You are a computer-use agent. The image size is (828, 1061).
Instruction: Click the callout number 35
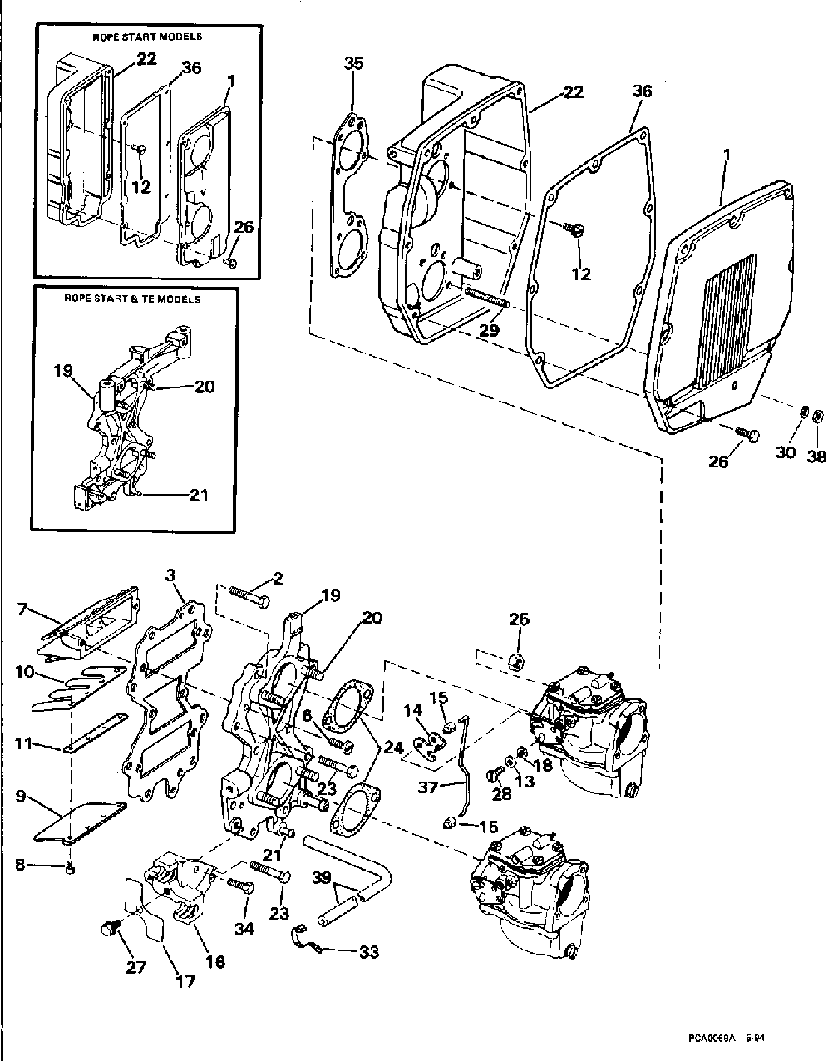coord(353,65)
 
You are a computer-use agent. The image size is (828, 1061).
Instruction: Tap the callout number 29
coord(490,331)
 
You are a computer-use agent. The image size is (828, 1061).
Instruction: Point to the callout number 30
coord(785,454)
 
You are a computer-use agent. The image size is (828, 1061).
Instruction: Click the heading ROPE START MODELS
coord(146,37)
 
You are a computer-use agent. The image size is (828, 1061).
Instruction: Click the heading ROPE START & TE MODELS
coord(133,299)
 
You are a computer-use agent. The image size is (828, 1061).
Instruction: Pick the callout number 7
coord(22,610)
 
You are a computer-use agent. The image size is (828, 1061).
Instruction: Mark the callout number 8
coord(21,865)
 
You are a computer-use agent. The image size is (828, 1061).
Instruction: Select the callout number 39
coord(323,879)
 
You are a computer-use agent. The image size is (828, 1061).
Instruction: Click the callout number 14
coord(413,711)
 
